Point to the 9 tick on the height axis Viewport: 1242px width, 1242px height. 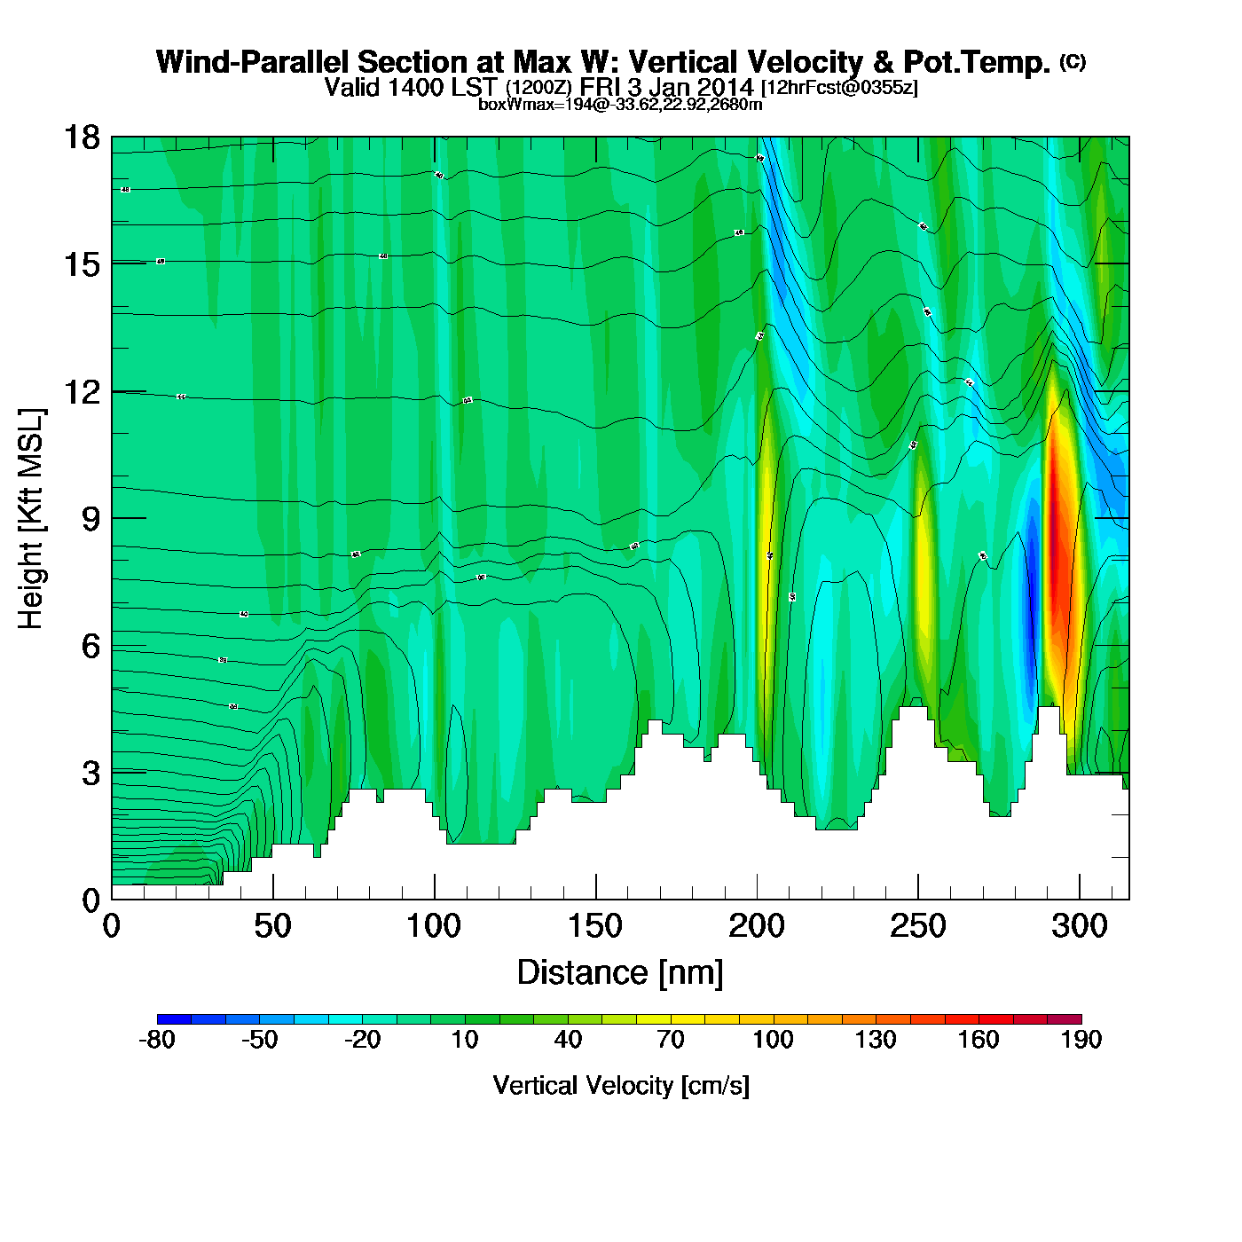(x=90, y=519)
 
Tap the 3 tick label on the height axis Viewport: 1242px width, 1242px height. (x=90, y=774)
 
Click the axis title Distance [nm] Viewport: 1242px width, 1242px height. (x=620, y=973)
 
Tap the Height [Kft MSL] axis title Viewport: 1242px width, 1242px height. (x=32, y=519)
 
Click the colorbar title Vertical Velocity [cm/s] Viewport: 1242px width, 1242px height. (x=620, y=1085)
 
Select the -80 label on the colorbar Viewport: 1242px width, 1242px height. (x=157, y=1040)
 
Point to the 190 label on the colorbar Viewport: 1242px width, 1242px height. (x=1081, y=1040)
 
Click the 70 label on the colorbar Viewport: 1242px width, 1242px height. (x=671, y=1040)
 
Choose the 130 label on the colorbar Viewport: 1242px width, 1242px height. (x=876, y=1040)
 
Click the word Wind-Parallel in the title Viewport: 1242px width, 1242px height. (x=254, y=62)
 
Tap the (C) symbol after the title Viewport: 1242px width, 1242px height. (x=1072, y=61)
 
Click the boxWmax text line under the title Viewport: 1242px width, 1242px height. (x=620, y=105)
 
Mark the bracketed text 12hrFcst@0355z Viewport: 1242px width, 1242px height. (x=839, y=88)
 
